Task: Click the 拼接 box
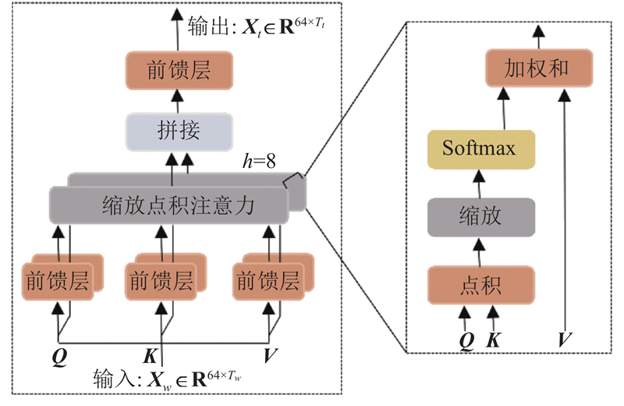179,130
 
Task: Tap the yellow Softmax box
480,148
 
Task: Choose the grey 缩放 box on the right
480,216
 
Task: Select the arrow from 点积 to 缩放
480,251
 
